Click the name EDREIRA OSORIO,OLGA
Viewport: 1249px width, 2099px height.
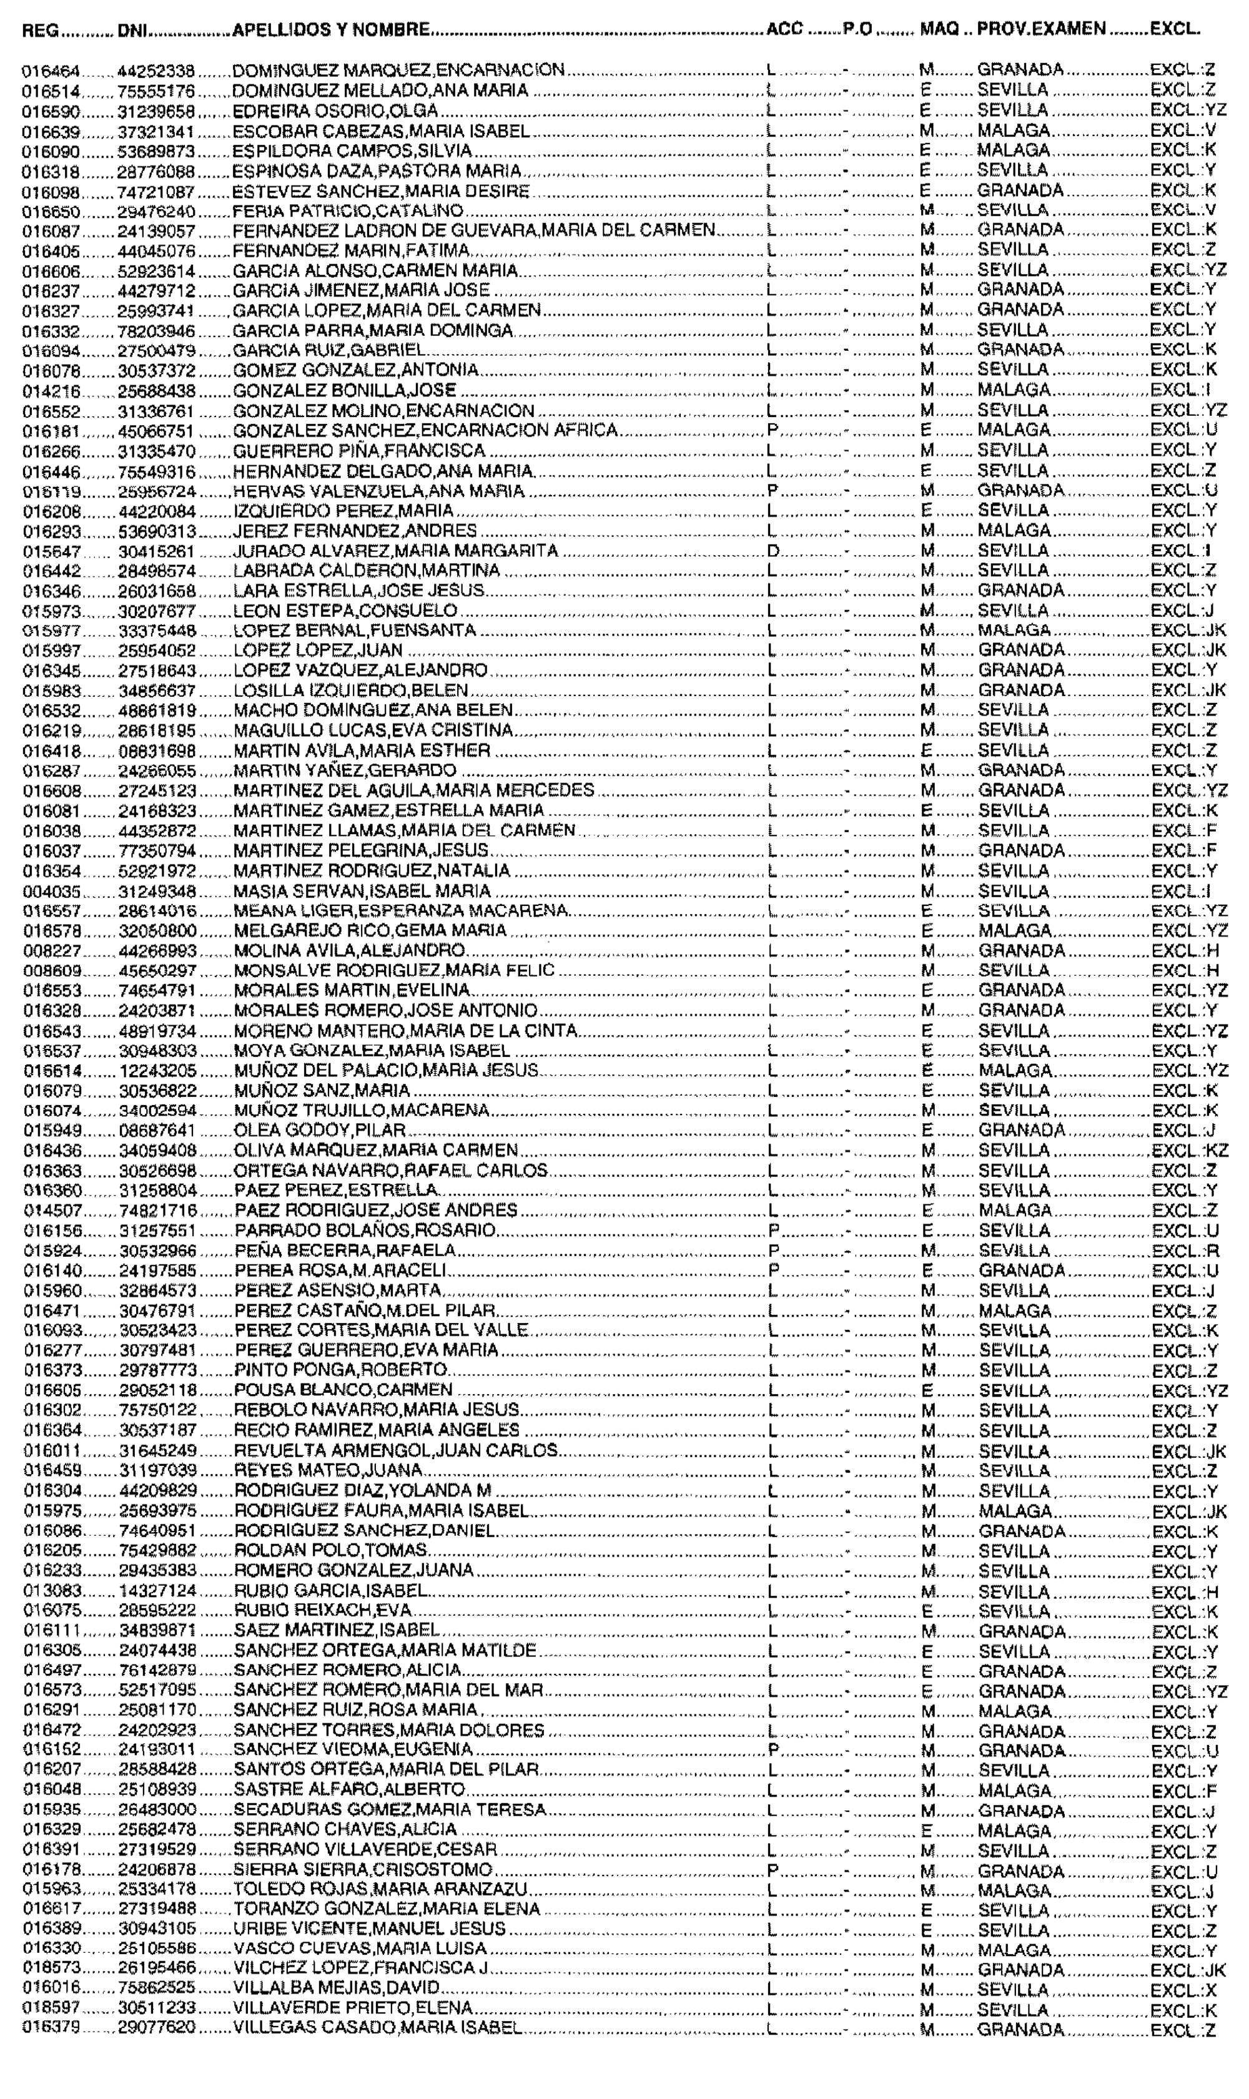[x=335, y=111]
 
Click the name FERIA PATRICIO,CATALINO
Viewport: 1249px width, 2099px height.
[x=348, y=210]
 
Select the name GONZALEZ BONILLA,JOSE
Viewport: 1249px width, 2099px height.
[x=344, y=390]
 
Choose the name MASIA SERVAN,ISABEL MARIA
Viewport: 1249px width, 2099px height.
[x=362, y=891]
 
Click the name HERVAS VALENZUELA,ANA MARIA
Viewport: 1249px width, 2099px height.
[x=378, y=491]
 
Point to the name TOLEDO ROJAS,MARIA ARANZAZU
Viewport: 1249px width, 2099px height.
[x=380, y=1891]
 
